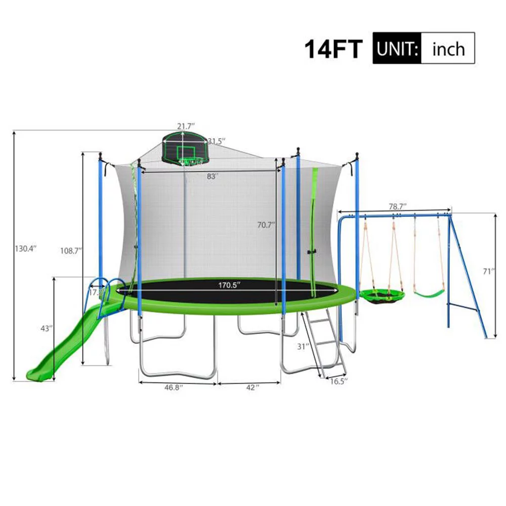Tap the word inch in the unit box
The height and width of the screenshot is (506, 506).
tap(448, 49)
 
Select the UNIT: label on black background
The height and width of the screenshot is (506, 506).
tap(397, 49)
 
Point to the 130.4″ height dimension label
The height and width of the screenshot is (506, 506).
tap(27, 248)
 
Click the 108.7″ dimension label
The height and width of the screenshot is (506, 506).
tap(70, 250)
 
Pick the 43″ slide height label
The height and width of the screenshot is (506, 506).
tap(47, 328)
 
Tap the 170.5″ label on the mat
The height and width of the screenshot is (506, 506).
tap(229, 285)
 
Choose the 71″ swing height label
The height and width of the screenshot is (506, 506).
tap(488, 271)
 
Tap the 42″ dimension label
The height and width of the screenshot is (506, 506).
tap(251, 387)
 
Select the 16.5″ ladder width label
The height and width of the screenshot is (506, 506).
tap(339, 382)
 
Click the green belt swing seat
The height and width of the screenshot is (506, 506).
tap(429, 292)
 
